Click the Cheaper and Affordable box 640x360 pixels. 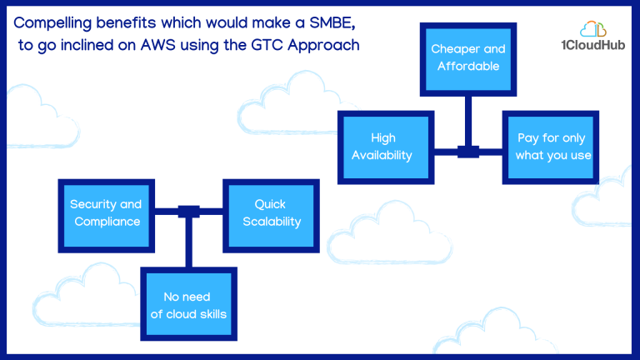[x=468, y=60]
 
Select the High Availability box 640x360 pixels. [x=386, y=147]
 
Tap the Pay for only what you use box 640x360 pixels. [x=551, y=147]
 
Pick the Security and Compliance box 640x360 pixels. [x=106, y=216]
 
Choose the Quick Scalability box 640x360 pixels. [x=271, y=216]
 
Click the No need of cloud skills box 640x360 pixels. [x=188, y=304]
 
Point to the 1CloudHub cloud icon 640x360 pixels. [x=593, y=29]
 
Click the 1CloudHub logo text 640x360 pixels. [x=593, y=45]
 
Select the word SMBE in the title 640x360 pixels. [x=332, y=22]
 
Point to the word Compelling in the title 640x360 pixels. [x=52, y=23]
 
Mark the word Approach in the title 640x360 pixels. [x=323, y=46]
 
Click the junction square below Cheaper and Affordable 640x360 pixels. [x=468, y=152]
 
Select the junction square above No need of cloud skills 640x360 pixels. [x=188, y=212]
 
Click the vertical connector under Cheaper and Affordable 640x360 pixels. [x=468, y=121]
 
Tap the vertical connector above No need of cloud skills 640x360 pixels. [x=188, y=242]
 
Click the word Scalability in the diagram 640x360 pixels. [x=272, y=222]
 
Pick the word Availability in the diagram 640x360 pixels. [x=382, y=156]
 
